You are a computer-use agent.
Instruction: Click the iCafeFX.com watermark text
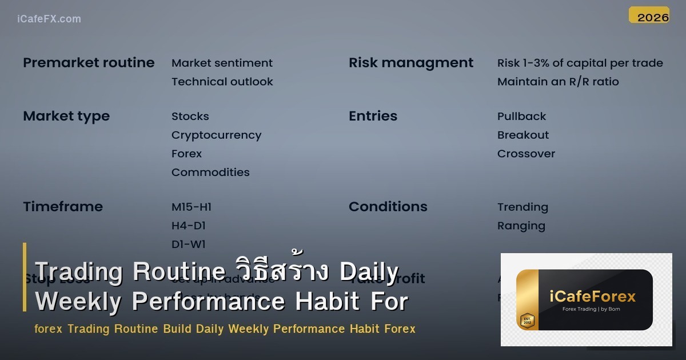[49, 19]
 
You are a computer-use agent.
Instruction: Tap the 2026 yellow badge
[649, 16]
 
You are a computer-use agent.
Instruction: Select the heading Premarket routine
[89, 63]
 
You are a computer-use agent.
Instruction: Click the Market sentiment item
[222, 63]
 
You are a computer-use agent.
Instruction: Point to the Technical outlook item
[222, 82]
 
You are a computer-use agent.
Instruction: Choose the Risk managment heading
[411, 63]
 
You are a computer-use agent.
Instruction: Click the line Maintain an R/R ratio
[558, 82]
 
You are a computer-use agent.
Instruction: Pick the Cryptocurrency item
[216, 135]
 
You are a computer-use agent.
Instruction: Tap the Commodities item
[210, 172]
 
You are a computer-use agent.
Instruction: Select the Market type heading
[66, 116]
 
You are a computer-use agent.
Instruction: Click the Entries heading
[373, 116]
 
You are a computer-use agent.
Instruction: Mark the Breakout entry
[523, 135]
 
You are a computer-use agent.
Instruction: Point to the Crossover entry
[526, 154]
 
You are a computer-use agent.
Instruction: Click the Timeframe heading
[63, 207]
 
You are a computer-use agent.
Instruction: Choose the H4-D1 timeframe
[189, 226]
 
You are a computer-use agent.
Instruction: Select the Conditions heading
[388, 207]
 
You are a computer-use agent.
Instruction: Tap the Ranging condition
[521, 226]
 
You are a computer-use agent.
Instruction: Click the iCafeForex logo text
[592, 297]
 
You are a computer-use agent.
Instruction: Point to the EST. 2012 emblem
[527, 319]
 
